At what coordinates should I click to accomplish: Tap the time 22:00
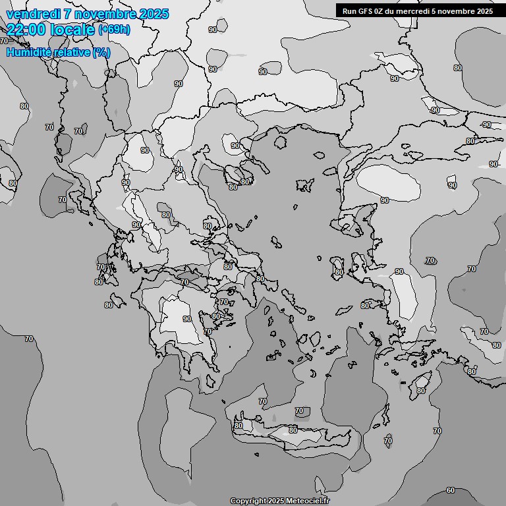pyautogui.click(x=26, y=29)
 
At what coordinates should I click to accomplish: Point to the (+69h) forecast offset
pyautogui.click(x=114, y=29)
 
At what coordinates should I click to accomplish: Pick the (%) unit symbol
pyautogui.click(x=101, y=52)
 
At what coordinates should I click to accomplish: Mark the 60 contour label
pyautogui.click(x=451, y=490)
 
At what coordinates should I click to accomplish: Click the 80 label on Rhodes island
pyautogui.click(x=421, y=391)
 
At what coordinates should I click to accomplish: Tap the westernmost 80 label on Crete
pyautogui.click(x=238, y=426)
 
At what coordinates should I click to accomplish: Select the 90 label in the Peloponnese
pyautogui.click(x=187, y=319)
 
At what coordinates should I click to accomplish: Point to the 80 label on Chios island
pyautogui.click(x=339, y=271)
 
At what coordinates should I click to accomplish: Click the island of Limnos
pyautogui.click(x=304, y=185)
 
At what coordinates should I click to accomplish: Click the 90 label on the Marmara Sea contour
pyautogui.click(x=385, y=200)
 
